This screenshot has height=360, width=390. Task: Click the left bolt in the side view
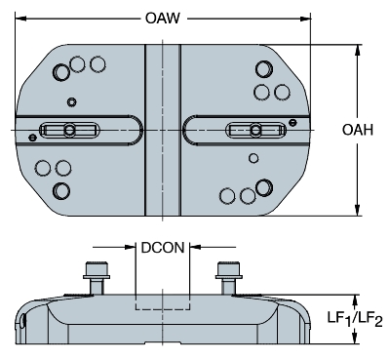coord(97,273)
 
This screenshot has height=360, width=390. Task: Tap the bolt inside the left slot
coord(68,131)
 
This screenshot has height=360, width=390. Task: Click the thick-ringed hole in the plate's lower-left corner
coord(61,189)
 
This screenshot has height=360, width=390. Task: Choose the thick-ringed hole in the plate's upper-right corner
coord(262,70)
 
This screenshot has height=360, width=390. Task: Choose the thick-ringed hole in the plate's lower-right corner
coord(262,187)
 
